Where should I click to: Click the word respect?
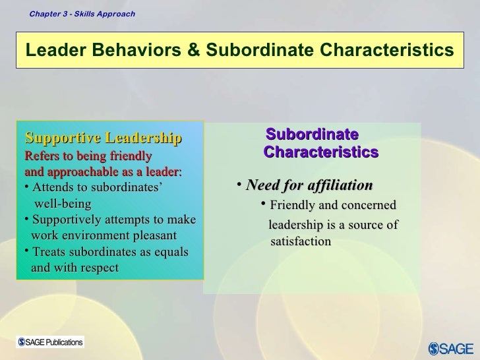pyautogui.click(x=96, y=268)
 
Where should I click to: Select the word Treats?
pyautogui.click(x=49, y=252)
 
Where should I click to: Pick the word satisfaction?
pyautogui.click(x=301, y=242)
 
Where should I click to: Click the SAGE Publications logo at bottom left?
pyautogui.click(x=51, y=342)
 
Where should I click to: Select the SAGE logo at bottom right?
pyautogui.click(x=451, y=347)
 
